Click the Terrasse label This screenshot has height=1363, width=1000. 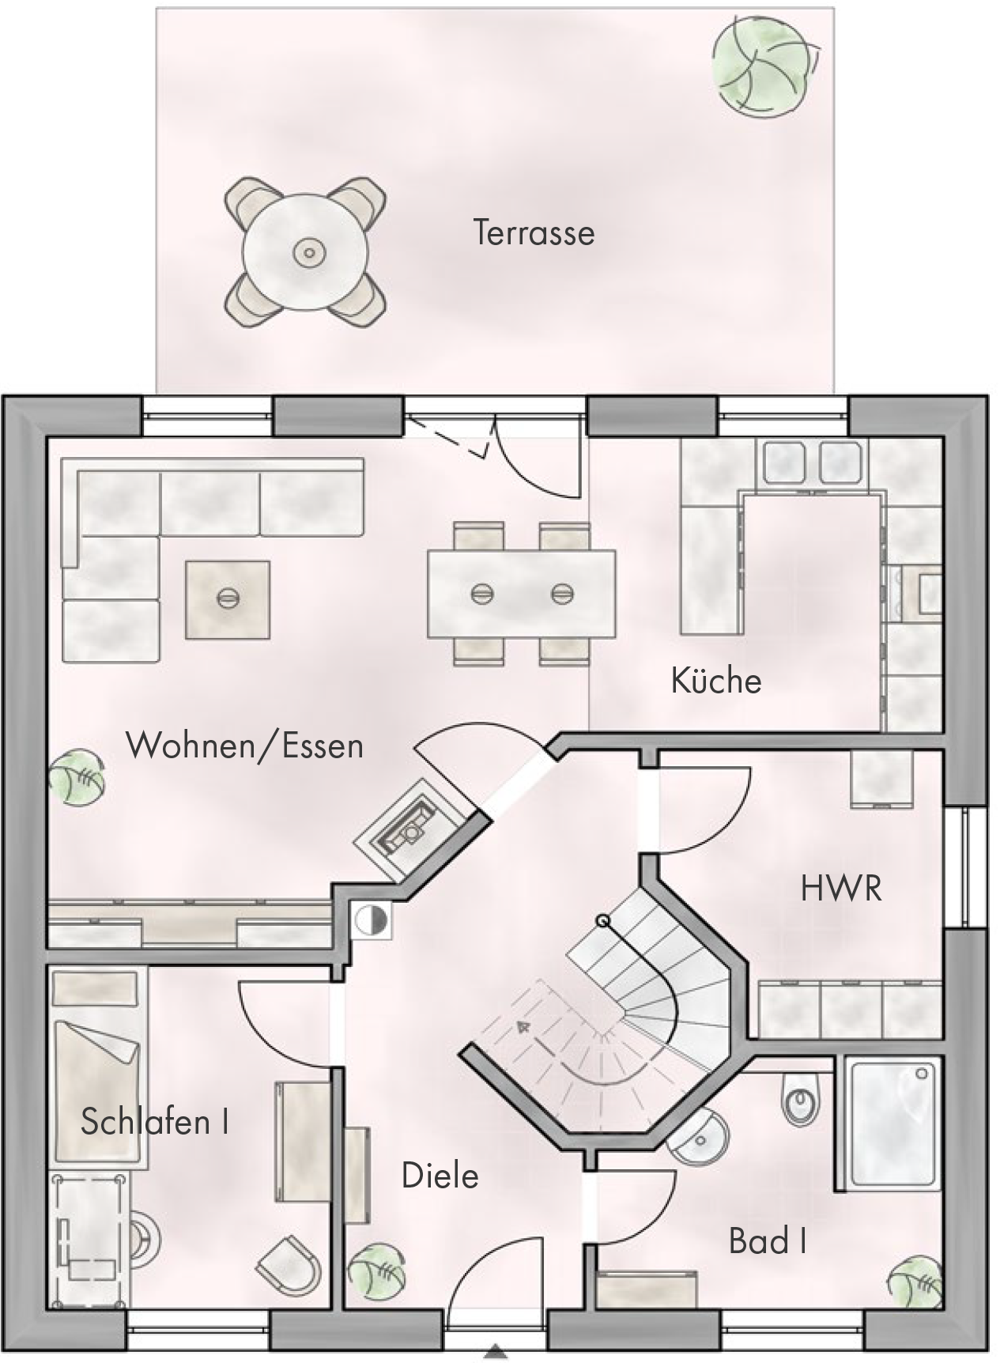click(534, 232)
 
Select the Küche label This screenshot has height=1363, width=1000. click(716, 681)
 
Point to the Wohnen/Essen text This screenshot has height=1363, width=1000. click(245, 746)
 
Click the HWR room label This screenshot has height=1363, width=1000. click(841, 889)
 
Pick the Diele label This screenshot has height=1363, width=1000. click(440, 1176)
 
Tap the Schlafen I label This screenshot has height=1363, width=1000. click(155, 1121)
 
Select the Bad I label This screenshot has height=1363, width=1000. click(768, 1241)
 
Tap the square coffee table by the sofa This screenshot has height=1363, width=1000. click(228, 599)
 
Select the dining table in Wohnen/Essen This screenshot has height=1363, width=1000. click(522, 593)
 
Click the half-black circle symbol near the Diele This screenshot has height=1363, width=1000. click(371, 919)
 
